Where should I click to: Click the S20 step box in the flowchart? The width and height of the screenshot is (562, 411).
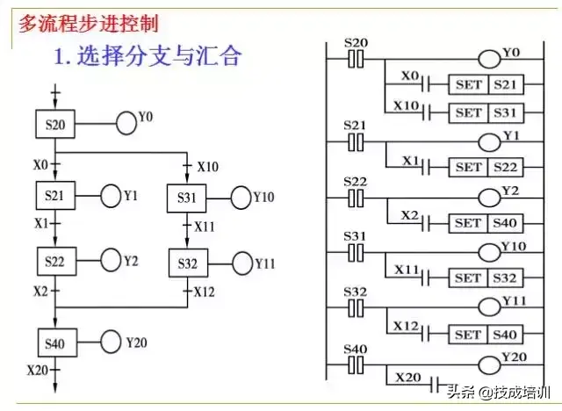pos(54,124)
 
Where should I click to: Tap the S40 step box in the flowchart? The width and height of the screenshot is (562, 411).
pos(54,340)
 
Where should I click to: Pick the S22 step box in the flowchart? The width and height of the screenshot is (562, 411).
pos(54,260)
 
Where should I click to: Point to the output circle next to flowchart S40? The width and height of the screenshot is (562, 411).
pos(111,340)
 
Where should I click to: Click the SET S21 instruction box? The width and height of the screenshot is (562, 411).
pos(483,85)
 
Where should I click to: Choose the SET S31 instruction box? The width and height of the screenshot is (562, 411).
pos(483,112)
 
